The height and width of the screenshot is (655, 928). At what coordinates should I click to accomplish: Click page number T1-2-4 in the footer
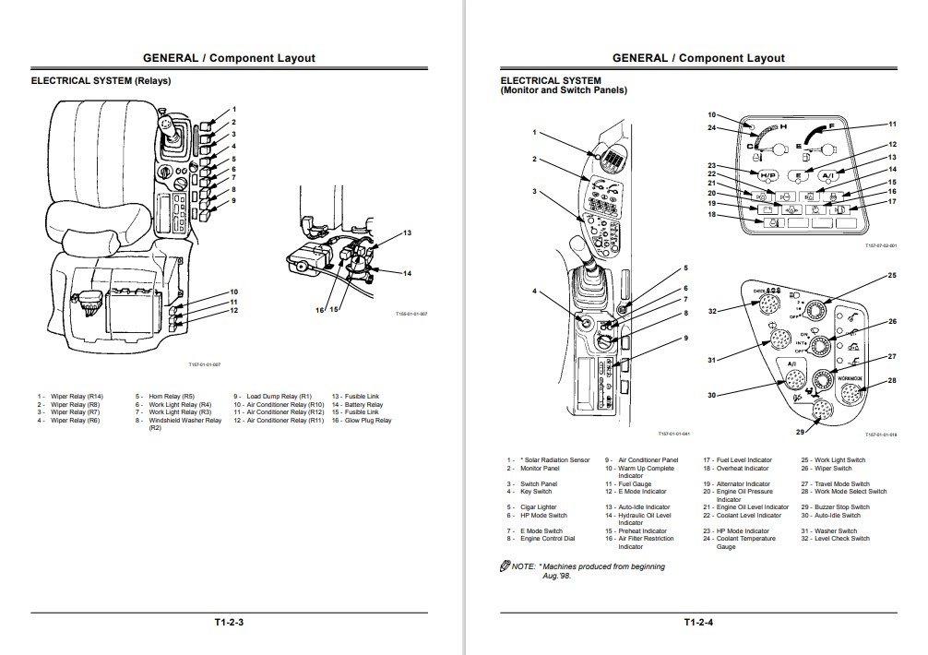pos(699,623)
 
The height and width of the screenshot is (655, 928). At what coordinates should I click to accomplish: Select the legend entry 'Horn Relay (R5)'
pos(167,397)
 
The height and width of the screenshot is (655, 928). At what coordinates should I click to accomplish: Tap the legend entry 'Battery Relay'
pos(363,404)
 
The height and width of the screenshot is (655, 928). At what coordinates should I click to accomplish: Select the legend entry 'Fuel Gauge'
pos(633,483)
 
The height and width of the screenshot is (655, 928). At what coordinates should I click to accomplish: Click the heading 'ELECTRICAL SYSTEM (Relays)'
pos(101,81)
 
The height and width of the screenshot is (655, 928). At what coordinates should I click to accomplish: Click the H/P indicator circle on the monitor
pos(767,174)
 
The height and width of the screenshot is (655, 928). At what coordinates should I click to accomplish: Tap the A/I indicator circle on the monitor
pos(830,174)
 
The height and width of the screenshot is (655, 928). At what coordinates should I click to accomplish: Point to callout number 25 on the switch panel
pos(892,276)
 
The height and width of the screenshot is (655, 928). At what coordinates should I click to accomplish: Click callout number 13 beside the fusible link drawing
pos(407,233)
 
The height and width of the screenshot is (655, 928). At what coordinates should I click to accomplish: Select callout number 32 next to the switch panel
pos(712,311)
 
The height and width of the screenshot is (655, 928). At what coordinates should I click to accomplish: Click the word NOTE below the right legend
pos(523,566)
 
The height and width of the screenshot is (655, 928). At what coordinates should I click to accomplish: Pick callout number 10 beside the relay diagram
pos(234,292)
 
